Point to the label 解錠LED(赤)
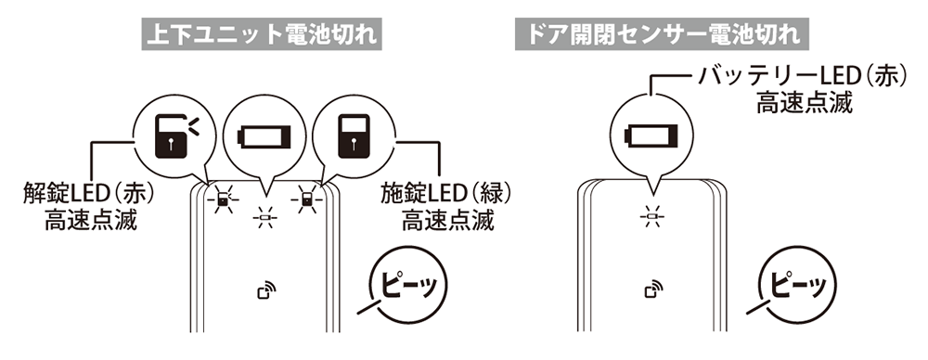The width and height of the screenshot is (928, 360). (88, 196)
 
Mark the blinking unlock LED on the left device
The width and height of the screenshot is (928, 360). (223, 199)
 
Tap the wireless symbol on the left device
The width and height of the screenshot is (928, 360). (264, 294)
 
